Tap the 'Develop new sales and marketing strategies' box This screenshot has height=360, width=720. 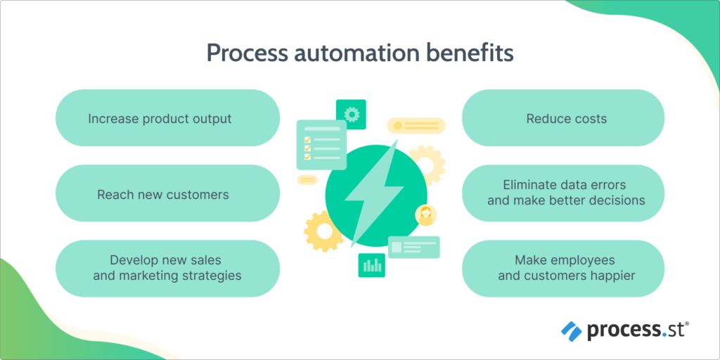click(x=167, y=268)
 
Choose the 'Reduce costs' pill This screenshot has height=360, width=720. click(x=562, y=118)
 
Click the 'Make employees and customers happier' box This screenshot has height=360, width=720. click(x=562, y=268)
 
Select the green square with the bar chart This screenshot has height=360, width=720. click(x=372, y=265)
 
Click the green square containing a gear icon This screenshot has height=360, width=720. click(x=351, y=113)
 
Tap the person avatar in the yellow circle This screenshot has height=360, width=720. click(x=425, y=215)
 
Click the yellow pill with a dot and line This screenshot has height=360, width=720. click(x=416, y=126)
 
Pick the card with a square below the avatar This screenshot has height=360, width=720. click(x=413, y=247)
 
